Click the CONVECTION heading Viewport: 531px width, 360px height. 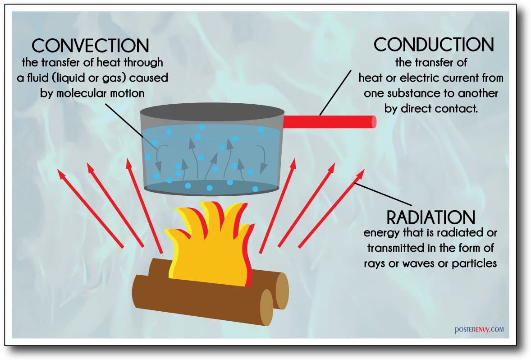click(x=91, y=46)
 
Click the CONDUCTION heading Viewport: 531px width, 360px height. click(x=434, y=44)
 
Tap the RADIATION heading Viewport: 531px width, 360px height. click(x=431, y=217)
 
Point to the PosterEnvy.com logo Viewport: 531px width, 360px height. click(x=479, y=330)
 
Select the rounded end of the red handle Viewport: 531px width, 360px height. click(x=373, y=122)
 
